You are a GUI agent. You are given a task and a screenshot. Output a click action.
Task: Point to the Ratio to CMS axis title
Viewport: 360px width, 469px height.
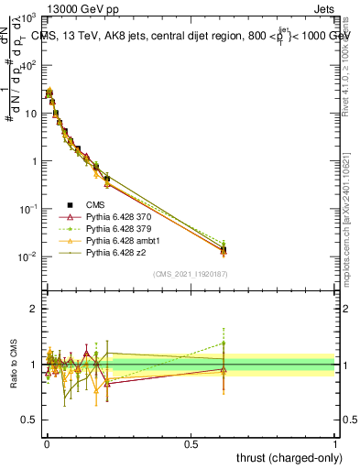click(14, 365)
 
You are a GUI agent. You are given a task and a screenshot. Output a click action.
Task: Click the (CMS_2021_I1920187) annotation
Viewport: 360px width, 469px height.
click(190, 273)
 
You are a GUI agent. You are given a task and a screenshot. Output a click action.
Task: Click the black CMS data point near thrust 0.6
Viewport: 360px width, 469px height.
click(224, 249)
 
